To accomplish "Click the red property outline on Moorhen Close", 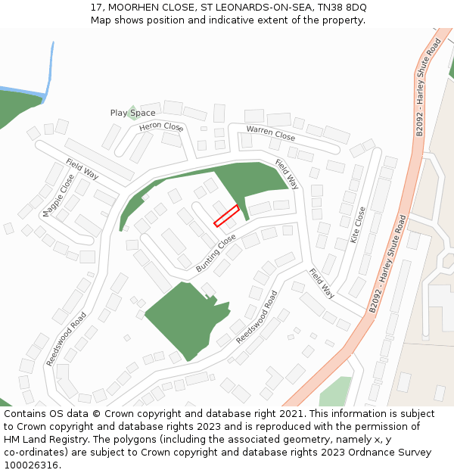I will point(226,216).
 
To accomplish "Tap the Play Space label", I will point(132,114).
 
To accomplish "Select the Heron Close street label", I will point(161,127).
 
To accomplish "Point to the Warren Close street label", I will point(270,133).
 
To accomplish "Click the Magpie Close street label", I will point(58,195).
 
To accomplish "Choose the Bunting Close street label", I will point(216,254).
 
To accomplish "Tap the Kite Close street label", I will point(357,224).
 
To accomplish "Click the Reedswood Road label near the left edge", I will point(66,339).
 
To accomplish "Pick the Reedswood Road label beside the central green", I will point(257,317).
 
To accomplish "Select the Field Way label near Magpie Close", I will point(82,169).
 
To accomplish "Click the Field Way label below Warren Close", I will point(287,174).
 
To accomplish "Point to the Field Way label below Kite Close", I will point(322,283).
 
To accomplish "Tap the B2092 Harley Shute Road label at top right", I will point(428,89).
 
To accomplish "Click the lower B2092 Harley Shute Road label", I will point(388,263).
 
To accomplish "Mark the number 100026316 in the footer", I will point(31,465).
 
